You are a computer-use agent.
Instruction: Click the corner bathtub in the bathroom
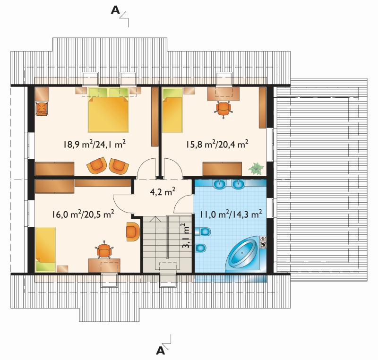pos(245,255)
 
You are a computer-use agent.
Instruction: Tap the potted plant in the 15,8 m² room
pos(257,168)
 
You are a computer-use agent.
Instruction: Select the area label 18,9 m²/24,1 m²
pos(94,145)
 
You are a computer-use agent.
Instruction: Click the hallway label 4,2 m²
pos(163,192)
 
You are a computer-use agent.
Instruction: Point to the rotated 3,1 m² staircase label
pos(186,236)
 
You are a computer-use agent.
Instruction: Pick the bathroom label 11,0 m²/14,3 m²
pos(231,214)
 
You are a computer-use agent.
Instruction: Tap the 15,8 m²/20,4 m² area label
pos(217,145)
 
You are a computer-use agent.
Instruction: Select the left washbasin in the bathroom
pos(220,184)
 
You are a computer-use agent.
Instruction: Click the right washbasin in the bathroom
pos(239,184)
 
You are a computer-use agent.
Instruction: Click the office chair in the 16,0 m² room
pos(104,250)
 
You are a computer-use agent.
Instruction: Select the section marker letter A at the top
pos(115,10)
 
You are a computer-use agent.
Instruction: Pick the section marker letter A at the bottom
pos(161,351)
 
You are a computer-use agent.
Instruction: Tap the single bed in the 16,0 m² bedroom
pos(45,249)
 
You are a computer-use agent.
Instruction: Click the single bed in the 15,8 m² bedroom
pos(172,110)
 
